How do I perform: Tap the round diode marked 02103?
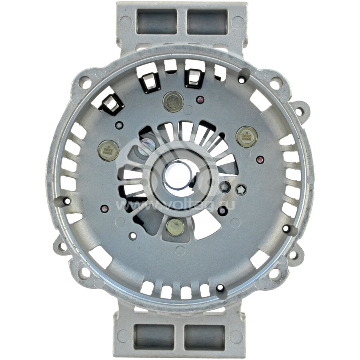[x=246, y=137]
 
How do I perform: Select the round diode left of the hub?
[x=108, y=150]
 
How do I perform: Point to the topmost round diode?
[x=173, y=101]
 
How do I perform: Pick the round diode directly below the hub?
[x=175, y=227]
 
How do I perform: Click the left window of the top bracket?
[x=157, y=22]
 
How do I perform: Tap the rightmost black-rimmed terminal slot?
[x=194, y=78]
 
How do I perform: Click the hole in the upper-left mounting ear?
[x=85, y=84]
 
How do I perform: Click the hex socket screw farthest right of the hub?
[x=241, y=190]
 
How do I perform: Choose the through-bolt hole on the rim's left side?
[x=67, y=201]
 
